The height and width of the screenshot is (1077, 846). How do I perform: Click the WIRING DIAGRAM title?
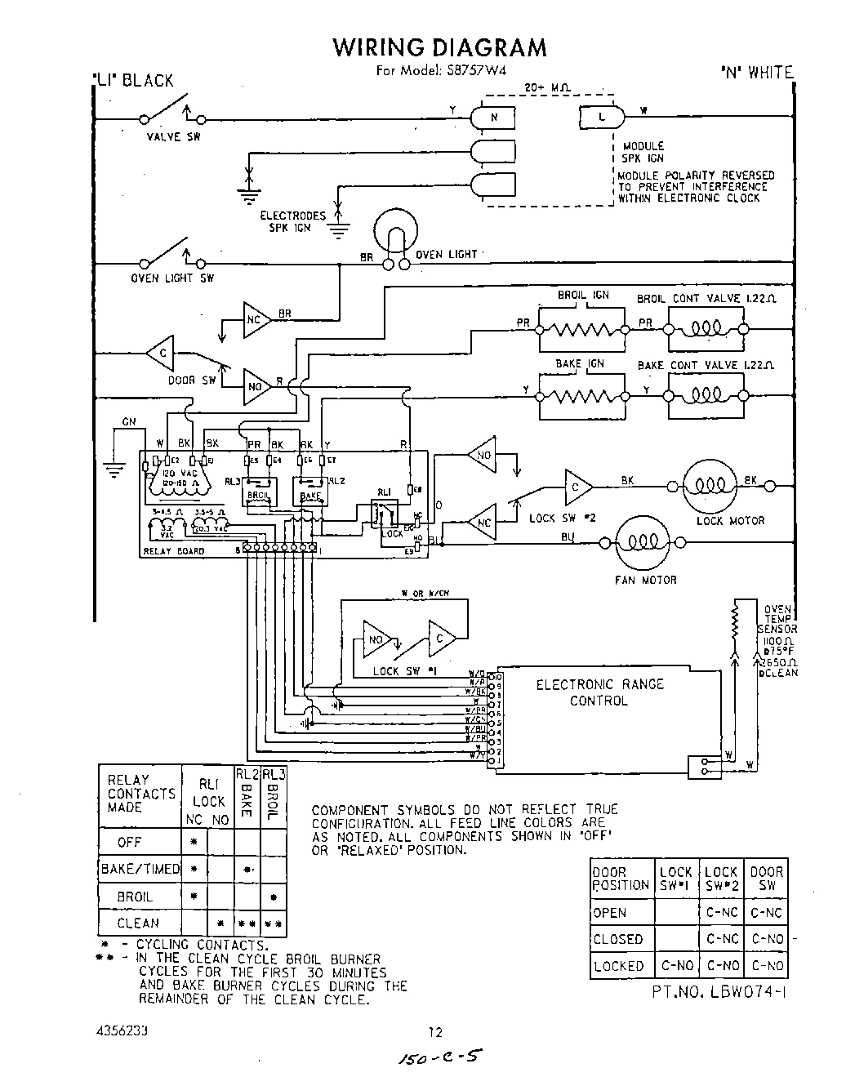[x=439, y=47]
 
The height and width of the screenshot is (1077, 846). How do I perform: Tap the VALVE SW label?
[x=173, y=137]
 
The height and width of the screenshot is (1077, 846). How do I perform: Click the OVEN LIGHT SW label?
[x=172, y=278]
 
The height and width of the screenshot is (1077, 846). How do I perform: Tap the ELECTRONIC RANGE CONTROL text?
[x=599, y=692]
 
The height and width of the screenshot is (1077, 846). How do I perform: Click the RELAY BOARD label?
[x=174, y=551]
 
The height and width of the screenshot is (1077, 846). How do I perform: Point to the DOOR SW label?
[x=192, y=380]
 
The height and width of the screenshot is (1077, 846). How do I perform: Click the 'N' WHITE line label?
[x=756, y=73]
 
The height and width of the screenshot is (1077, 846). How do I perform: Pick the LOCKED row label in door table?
[x=618, y=965]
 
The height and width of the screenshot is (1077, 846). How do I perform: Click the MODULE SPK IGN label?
[x=644, y=152]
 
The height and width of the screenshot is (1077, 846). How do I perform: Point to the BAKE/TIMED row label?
[x=139, y=869]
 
